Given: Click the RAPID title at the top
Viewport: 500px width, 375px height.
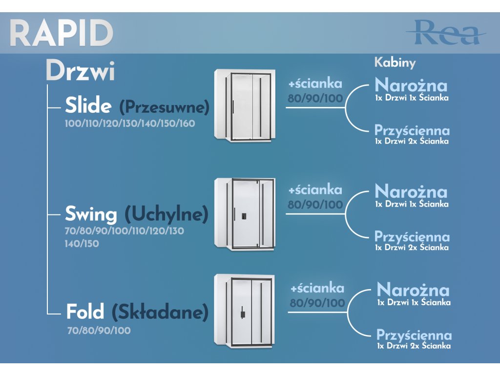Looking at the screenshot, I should click(x=62, y=33).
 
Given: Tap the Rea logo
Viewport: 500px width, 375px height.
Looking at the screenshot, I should click(x=445, y=33).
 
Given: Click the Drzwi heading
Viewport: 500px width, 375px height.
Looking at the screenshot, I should click(x=81, y=72).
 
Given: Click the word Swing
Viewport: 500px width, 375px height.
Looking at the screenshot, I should click(x=91, y=214).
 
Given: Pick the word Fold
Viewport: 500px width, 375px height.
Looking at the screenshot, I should click(x=85, y=312).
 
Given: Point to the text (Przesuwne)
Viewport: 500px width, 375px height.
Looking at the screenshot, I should click(x=164, y=106).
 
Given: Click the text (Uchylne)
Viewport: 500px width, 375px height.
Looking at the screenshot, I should click(x=167, y=214).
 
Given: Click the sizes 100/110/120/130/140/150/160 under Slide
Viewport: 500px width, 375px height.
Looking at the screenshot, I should click(x=130, y=124).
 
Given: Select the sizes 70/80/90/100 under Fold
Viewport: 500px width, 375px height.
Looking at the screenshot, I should click(x=99, y=331).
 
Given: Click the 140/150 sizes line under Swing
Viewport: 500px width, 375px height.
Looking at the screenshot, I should click(x=82, y=243).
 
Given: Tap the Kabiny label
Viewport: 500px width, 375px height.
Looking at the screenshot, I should click(x=395, y=62).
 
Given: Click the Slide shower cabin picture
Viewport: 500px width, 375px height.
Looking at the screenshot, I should click(x=244, y=105).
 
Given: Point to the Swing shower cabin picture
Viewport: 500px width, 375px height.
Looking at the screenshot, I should click(x=244, y=214).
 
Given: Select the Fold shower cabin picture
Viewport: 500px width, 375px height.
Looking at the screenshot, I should click(x=244, y=311).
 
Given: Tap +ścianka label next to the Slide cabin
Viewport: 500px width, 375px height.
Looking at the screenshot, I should click(x=315, y=83).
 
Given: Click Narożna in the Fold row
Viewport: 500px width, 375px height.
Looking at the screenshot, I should click(x=413, y=290).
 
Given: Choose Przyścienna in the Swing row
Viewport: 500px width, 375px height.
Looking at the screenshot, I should click(x=412, y=237).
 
